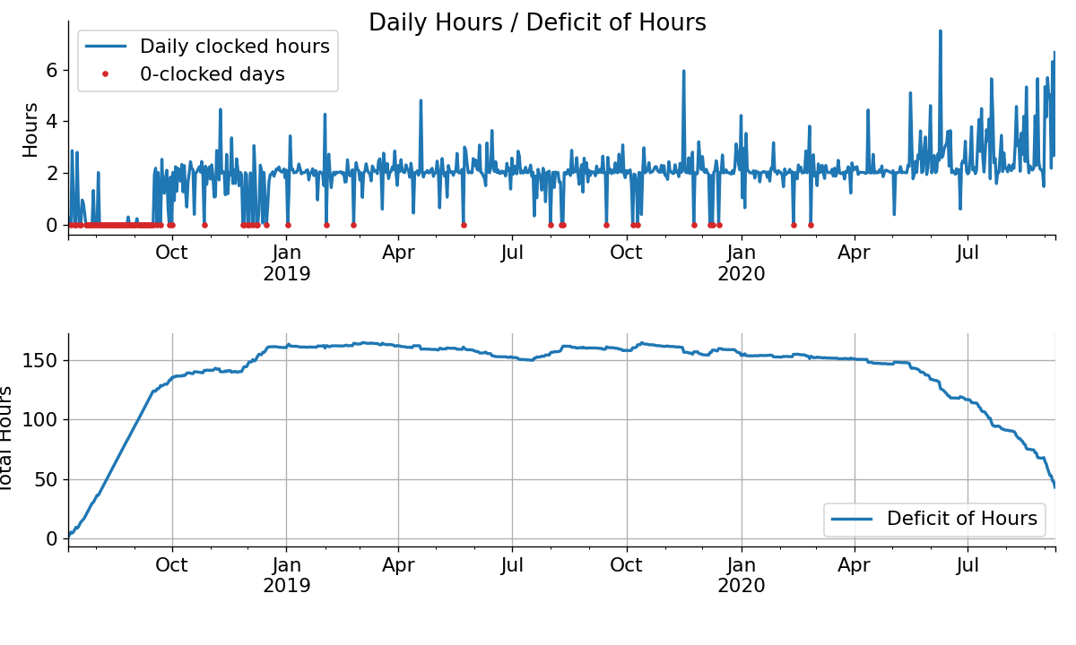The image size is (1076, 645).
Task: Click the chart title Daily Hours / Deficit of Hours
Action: [537, 23]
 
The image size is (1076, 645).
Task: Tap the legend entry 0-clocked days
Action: [212, 74]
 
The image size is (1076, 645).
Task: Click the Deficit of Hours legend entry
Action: [961, 519]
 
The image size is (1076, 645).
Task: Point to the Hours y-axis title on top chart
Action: [31, 130]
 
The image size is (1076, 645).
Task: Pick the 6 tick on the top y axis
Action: [51, 70]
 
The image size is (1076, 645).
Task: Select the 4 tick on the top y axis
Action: [51, 121]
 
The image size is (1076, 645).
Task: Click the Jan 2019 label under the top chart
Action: [287, 262]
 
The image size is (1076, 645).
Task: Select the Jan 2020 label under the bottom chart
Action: [742, 575]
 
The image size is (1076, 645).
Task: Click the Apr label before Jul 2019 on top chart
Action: [399, 253]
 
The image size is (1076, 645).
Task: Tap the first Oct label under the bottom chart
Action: [172, 565]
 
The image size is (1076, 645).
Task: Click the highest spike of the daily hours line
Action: [940, 31]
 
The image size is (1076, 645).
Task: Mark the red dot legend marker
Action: [105, 74]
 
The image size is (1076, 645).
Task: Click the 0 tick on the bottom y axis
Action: [51, 538]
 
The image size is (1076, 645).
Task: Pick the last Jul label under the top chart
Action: [968, 253]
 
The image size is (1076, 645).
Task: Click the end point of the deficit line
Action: [1054, 486]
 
